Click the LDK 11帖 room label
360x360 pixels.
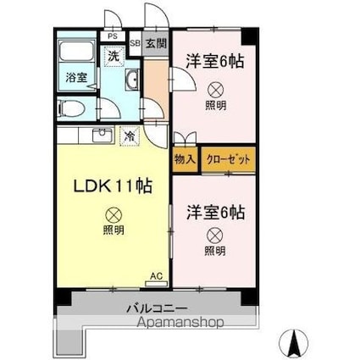(x=113, y=186)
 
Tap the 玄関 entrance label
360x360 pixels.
(x=156, y=43)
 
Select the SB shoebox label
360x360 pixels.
(x=136, y=43)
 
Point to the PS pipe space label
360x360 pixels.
(x=113, y=36)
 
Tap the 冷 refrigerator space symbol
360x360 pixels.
(x=130, y=136)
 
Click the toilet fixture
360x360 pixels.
(x=70, y=108)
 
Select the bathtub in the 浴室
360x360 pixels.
(x=76, y=51)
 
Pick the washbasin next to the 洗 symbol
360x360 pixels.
(x=131, y=80)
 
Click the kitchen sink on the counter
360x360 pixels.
(x=102, y=136)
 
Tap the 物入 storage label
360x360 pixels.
(x=185, y=160)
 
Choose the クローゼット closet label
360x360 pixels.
(x=229, y=160)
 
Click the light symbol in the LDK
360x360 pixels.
(x=114, y=215)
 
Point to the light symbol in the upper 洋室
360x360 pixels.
(x=215, y=90)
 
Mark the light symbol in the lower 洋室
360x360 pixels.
(x=215, y=235)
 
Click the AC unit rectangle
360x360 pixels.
(x=156, y=284)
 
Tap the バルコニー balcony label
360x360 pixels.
(x=157, y=308)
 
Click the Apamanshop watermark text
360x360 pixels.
(x=180, y=322)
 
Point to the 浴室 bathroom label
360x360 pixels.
(x=76, y=77)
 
